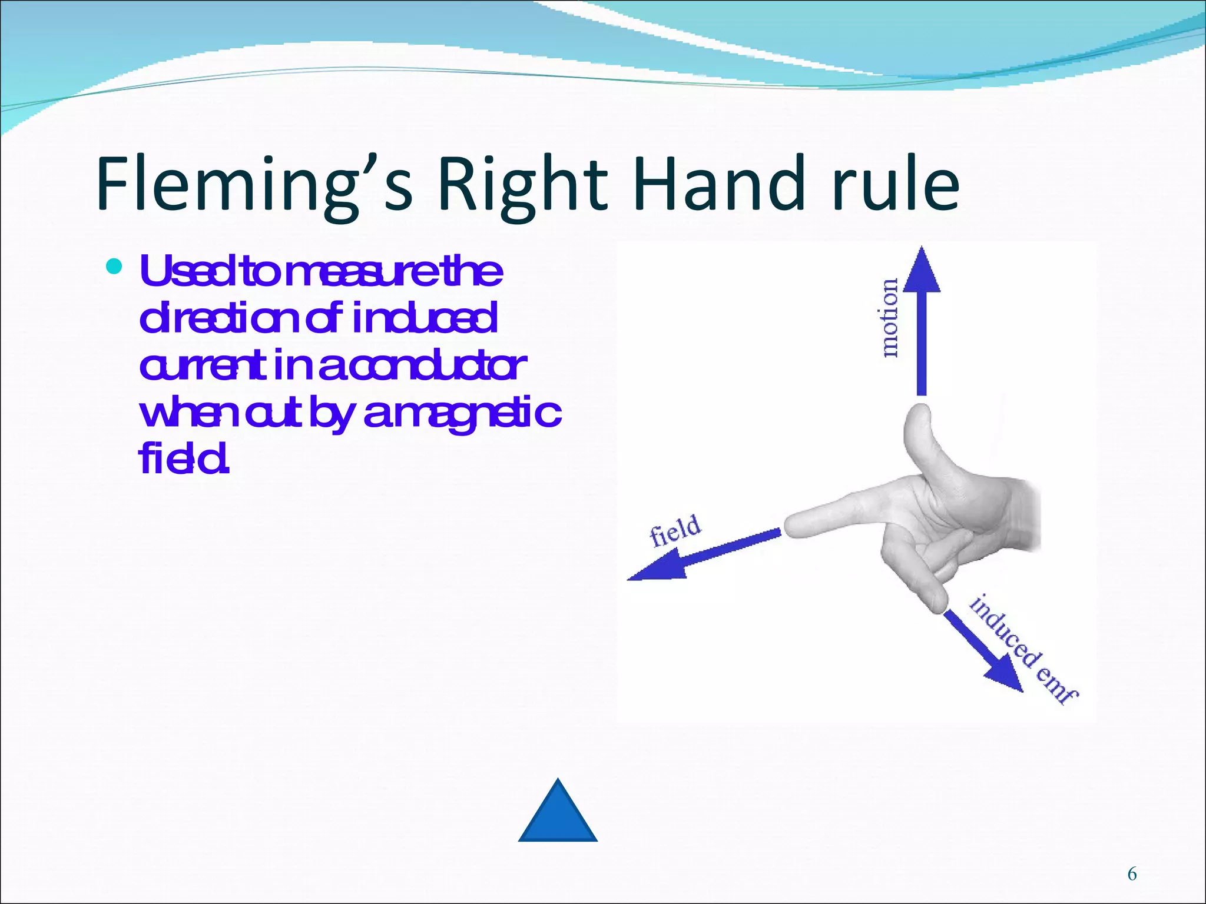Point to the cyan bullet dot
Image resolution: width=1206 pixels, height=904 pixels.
click(x=114, y=267)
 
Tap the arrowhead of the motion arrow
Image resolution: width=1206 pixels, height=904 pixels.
click(x=922, y=271)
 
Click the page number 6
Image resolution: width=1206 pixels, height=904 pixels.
click(x=1132, y=874)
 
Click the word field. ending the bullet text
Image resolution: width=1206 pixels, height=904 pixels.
click(x=183, y=460)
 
